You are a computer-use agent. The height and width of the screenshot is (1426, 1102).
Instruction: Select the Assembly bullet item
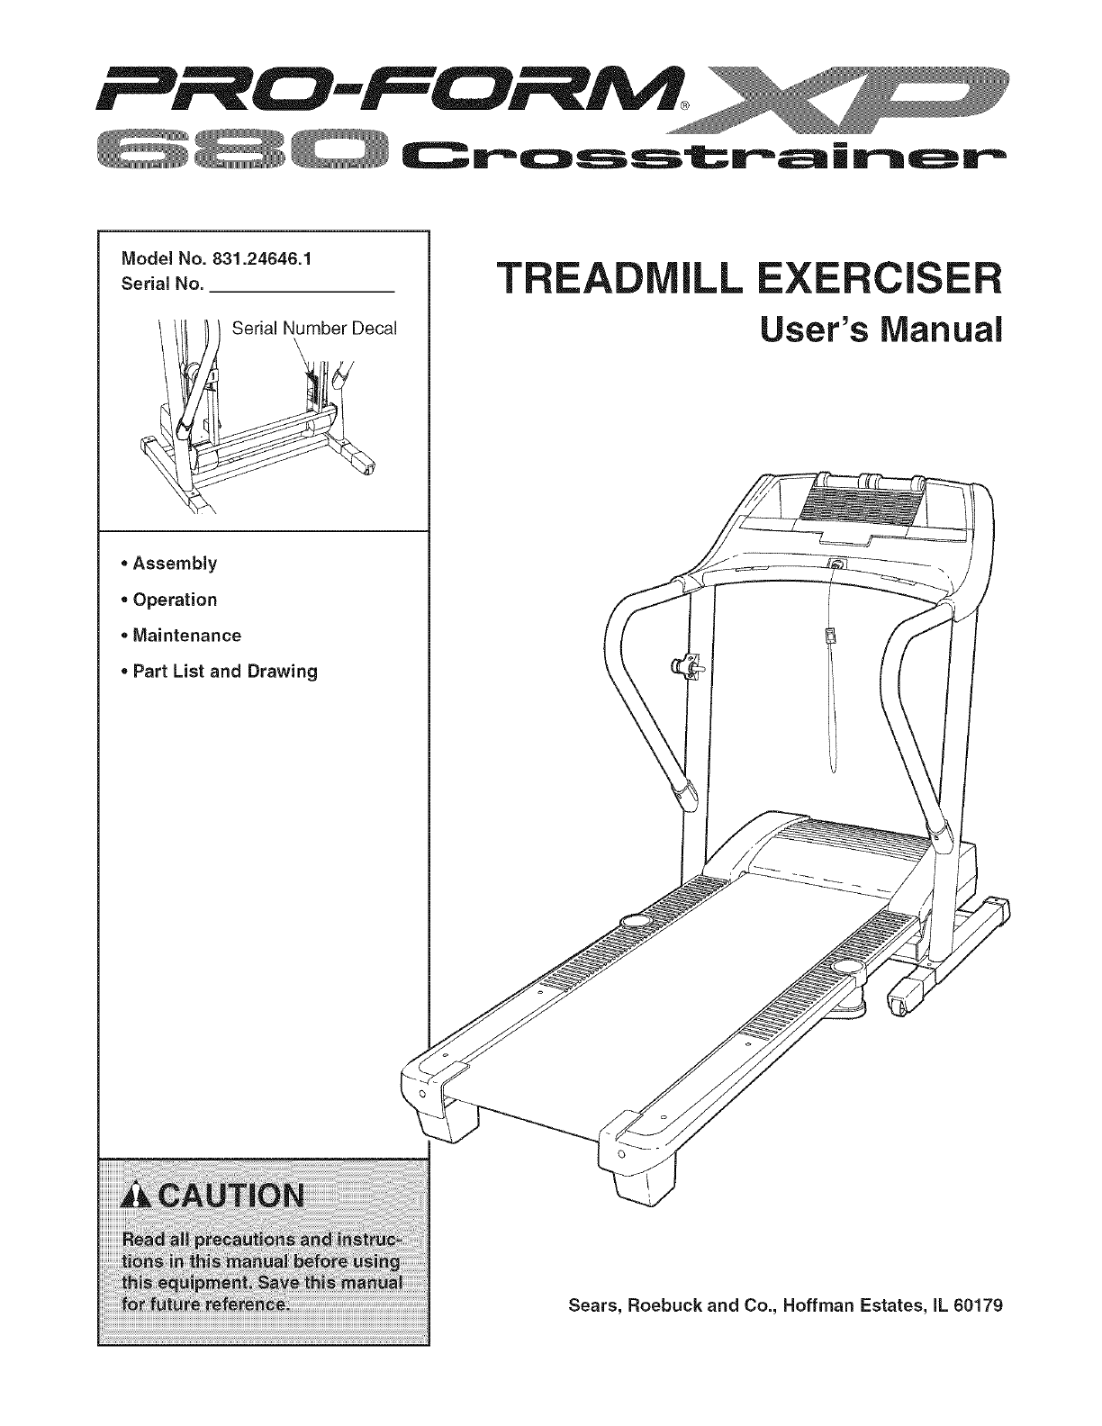[175, 564]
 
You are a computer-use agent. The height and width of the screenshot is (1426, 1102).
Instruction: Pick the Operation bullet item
[175, 600]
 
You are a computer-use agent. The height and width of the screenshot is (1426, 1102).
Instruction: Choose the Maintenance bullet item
[186, 636]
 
